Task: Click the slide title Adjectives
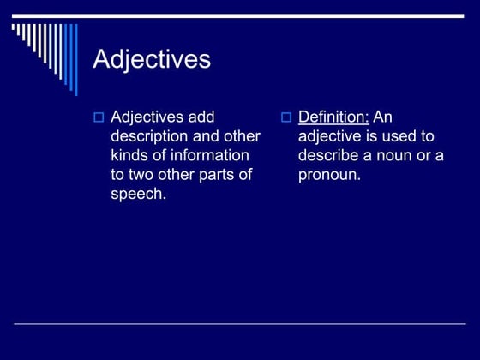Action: [151, 59]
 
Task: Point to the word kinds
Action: [129, 155]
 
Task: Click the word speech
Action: [137, 194]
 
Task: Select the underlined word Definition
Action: [333, 117]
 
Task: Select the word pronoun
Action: [329, 174]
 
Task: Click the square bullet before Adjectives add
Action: [98, 117]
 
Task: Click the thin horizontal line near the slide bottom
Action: [240, 324]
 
